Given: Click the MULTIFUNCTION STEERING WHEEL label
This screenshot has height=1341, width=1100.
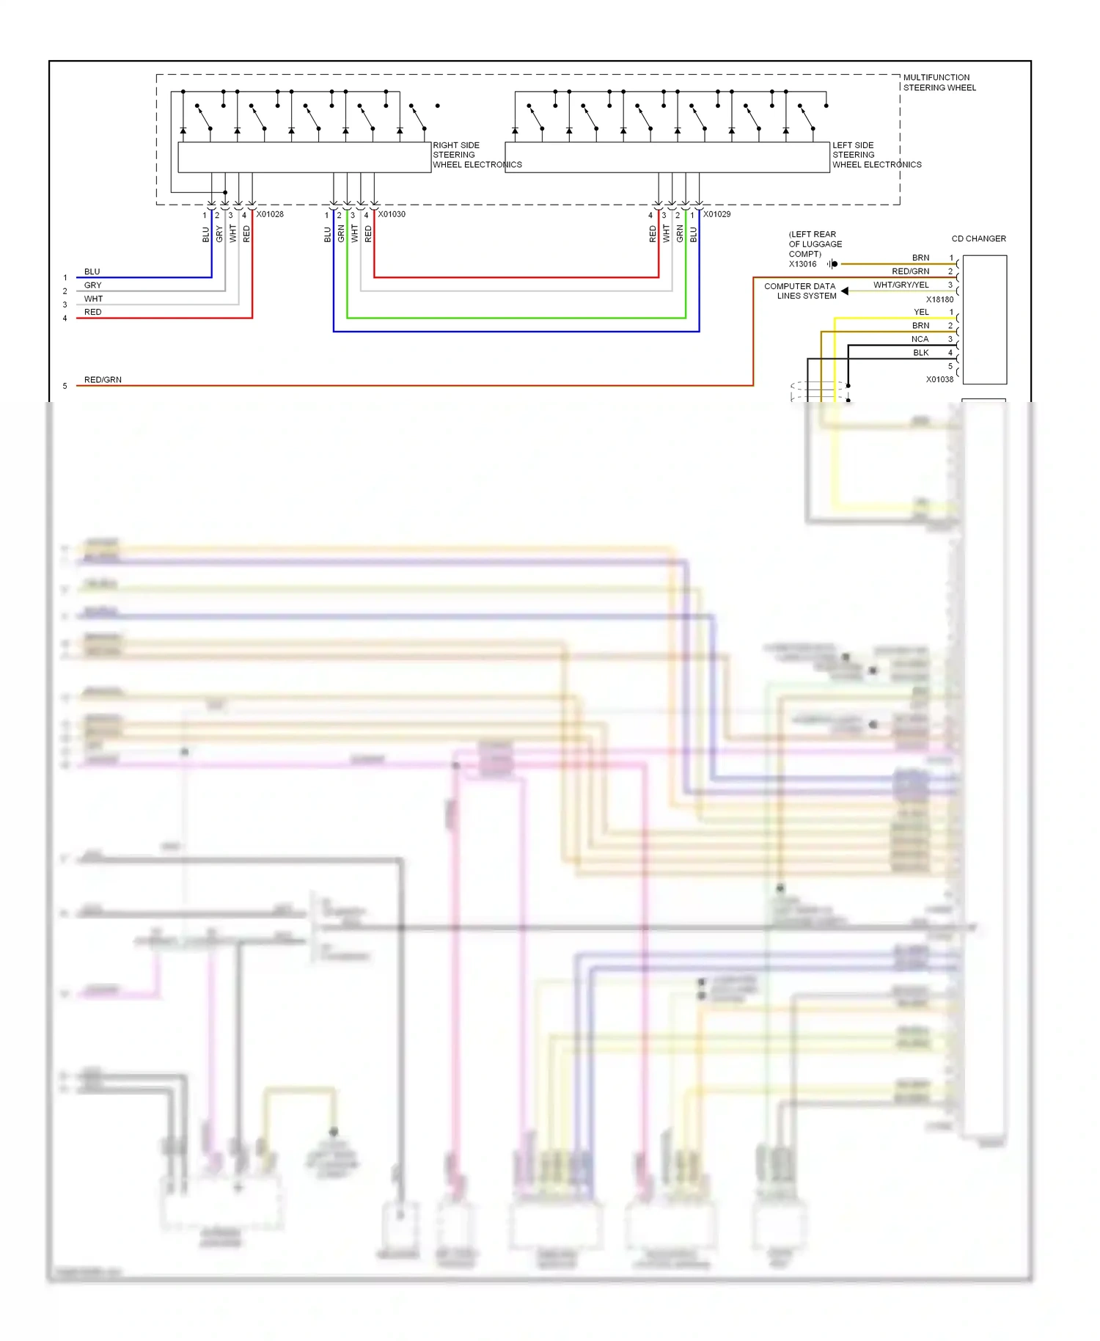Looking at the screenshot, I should [939, 82].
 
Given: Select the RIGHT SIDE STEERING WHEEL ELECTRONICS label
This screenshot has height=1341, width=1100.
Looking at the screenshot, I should [476, 155].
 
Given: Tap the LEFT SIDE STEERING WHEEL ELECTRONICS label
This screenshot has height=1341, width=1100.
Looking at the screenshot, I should [876, 155].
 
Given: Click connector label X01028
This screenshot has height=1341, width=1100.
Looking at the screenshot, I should [269, 214].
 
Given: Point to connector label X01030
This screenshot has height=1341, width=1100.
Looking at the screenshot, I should [392, 214].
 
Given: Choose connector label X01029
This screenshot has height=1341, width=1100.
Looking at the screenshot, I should [716, 214].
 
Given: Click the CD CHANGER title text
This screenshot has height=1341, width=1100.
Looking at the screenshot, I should [978, 238].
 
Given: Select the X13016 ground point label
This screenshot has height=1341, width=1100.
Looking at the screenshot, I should [802, 264].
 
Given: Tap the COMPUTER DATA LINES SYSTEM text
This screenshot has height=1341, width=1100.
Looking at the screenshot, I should [801, 291].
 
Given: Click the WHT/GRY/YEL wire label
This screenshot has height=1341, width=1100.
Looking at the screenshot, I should [901, 285].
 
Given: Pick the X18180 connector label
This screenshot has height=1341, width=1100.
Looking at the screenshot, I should [939, 299].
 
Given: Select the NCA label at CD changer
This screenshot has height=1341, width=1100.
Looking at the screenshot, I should [920, 339].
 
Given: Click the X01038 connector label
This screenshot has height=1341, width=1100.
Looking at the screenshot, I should [939, 379].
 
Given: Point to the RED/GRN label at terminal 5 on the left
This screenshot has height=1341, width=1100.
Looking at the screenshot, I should [103, 379].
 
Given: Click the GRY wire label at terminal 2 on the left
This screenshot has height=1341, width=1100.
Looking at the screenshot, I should [92, 285].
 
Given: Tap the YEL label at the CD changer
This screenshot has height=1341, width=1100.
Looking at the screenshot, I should [921, 312].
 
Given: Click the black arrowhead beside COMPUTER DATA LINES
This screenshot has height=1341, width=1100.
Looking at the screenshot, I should [845, 291].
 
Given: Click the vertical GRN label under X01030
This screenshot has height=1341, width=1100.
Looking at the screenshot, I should [341, 234].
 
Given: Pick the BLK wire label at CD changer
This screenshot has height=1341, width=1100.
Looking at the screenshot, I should [920, 352].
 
